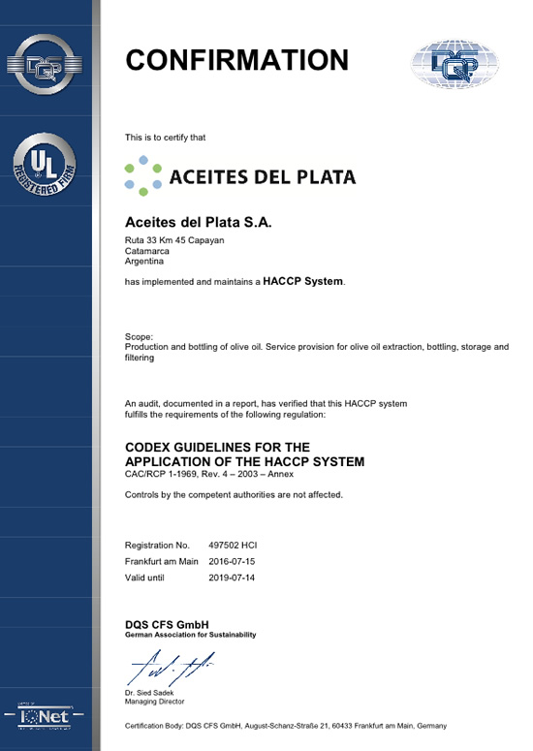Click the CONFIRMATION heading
coord(236,60)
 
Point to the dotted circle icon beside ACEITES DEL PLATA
coord(143,176)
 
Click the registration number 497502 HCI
coord(233,546)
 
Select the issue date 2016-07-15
coord(233,561)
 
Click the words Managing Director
coord(155,701)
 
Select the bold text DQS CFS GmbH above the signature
coord(168,624)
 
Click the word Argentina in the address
coord(145,262)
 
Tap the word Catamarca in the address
coord(147,251)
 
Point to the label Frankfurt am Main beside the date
coord(162,561)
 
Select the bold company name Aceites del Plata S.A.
coord(200,222)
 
